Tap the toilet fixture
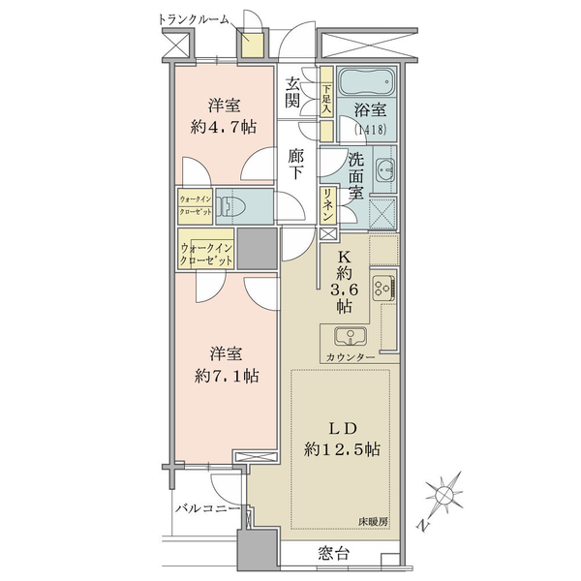pos(229,206)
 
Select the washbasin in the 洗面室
pos(385,170)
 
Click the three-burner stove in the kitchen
pos(383,288)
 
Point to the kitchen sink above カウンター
pos(351,336)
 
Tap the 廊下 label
pos(296,164)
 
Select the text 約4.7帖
pos(224,128)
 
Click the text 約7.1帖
pos(227,377)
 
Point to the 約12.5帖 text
pos(342,450)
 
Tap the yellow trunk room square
pos(253,45)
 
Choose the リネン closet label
pos(327,205)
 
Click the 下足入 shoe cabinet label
pos(326,99)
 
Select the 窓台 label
pos(333,554)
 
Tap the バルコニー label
pos(207,508)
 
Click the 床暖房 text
pos(373,522)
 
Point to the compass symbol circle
pos(444,494)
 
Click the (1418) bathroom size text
pos(371,130)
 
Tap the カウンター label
pos(351,357)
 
